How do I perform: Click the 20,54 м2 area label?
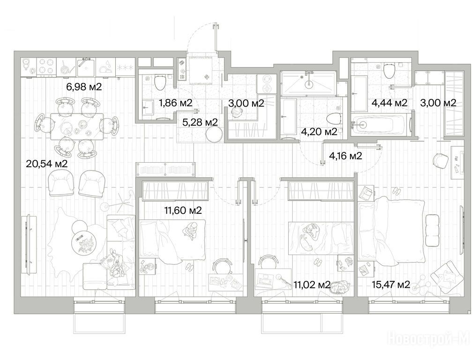coord(47,164)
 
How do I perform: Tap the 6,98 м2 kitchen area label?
coord(84,87)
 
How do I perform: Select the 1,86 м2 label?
coord(176,103)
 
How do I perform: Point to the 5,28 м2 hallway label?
coord(200,122)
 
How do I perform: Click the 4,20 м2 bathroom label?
coord(319,132)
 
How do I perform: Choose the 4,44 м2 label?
coord(389,103)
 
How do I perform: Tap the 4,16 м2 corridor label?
coord(345,156)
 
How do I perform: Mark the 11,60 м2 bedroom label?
coord(183,210)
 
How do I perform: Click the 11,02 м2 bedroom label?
coord(312,285)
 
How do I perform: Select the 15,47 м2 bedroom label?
coord(391,285)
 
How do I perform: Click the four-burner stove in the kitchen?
coord(46,67)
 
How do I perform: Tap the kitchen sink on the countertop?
coord(86,67)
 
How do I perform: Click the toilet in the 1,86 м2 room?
coord(159,82)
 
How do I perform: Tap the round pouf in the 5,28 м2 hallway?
coord(215,134)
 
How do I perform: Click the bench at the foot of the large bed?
coord(432,230)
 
